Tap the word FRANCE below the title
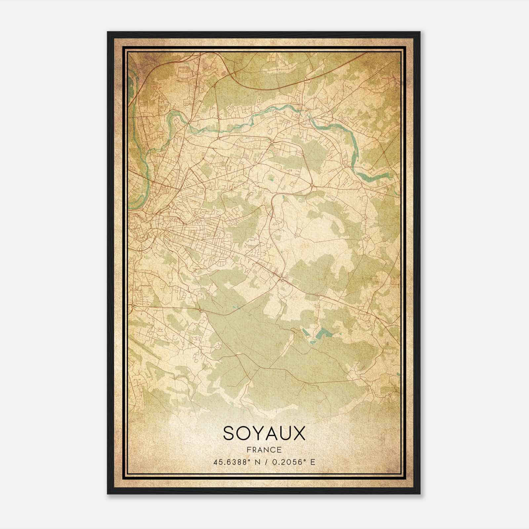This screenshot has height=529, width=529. click(x=264, y=450)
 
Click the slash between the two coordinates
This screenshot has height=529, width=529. click(x=266, y=462)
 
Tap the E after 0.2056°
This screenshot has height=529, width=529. click(x=313, y=462)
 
